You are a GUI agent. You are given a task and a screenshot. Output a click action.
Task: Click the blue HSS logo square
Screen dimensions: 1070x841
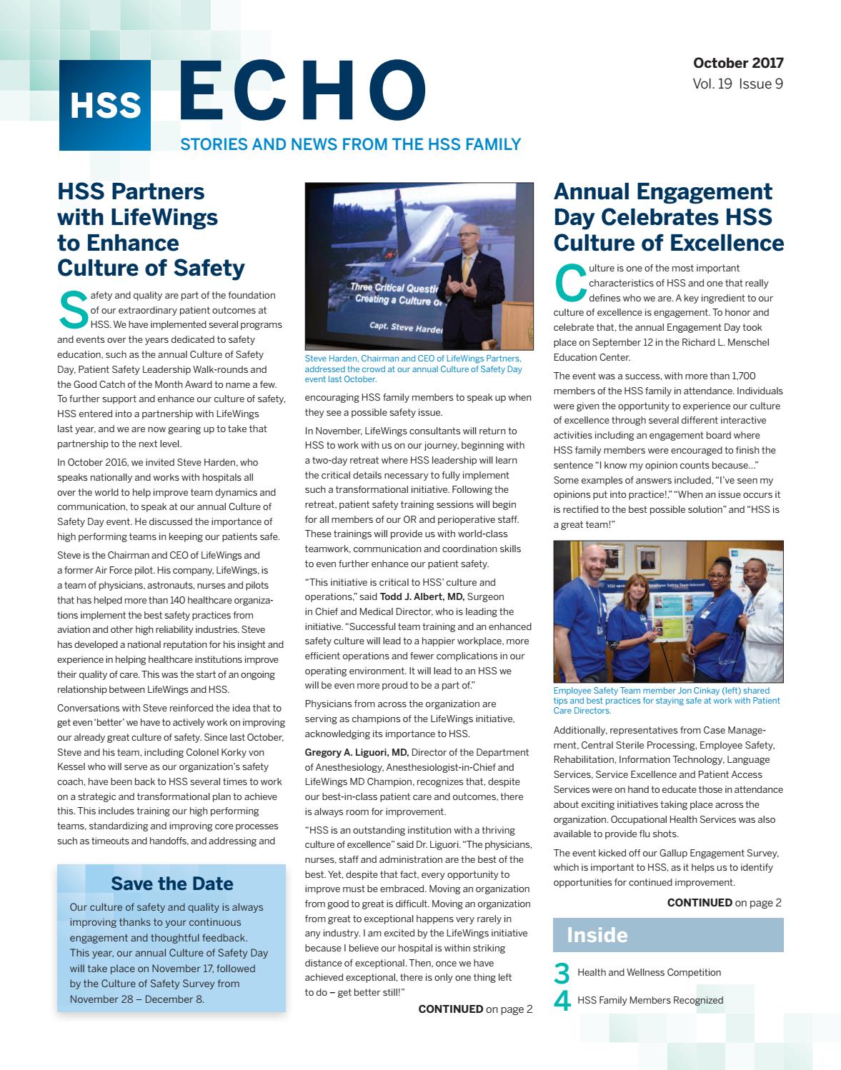click(x=104, y=104)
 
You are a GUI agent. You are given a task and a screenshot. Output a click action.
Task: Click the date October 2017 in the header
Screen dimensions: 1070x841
click(x=738, y=63)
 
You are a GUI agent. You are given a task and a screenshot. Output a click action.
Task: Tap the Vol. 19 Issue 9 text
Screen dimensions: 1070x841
click(x=738, y=84)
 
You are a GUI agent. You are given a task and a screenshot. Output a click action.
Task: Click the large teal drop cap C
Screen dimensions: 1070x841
click(x=569, y=283)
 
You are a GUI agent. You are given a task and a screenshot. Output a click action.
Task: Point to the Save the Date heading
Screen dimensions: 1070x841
click(x=171, y=884)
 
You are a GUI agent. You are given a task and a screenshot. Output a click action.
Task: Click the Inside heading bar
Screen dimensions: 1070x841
click(x=668, y=935)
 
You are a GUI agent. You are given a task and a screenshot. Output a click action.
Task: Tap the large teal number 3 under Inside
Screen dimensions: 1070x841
click(x=562, y=974)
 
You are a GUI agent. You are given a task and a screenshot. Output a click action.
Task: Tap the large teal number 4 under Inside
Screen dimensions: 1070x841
click(x=562, y=1001)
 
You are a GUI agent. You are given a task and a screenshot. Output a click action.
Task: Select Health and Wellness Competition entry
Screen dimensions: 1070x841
click(x=649, y=972)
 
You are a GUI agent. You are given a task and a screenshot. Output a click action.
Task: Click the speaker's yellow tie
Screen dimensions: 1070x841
click(x=466, y=271)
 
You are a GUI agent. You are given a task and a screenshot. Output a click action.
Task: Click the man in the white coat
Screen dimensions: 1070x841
click(x=759, y=607)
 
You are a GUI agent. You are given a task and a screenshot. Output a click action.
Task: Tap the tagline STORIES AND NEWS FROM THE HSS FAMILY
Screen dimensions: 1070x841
click(x=350, y=145)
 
